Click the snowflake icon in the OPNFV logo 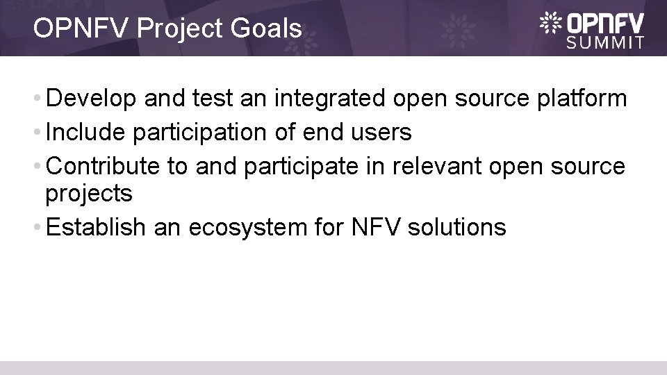point(552,22)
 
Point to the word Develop point(92,99)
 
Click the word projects point(88,194)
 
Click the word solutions point(465,226)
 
